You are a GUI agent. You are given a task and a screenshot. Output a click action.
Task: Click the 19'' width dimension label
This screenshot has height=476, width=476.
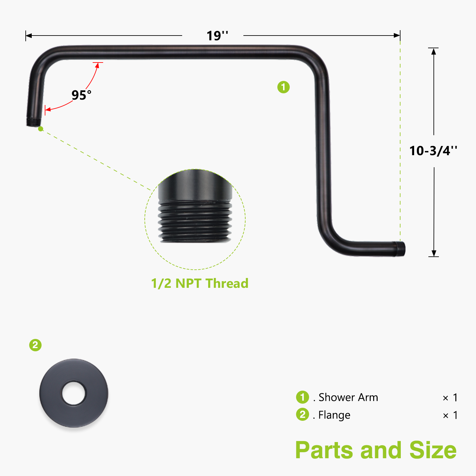pyautogui.click(x=217, y=36)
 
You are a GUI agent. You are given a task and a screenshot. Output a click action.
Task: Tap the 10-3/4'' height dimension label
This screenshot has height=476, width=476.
pyautogui.click(x=433, y=151)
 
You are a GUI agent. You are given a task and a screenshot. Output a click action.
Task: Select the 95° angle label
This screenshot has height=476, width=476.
pyautogui.click(x=81, y=95)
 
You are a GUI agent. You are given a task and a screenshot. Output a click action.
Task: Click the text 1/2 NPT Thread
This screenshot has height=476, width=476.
pyautogui.click(x=200, y=283)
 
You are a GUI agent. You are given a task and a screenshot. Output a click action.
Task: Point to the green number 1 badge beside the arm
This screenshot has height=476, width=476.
pyautogui.click(x=283, y=87)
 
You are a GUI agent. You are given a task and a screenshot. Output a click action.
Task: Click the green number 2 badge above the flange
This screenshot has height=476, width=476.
pyautogui.click(x=35, y=345)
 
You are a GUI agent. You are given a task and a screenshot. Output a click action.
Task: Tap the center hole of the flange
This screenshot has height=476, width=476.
pyautogui.click(x=74, y=393)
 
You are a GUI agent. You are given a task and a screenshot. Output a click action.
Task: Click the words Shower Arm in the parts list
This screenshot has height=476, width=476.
pyautogui.click(x=348, y=397)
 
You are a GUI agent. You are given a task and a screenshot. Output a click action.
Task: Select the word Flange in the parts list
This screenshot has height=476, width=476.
pyautogui.click(x=334, y=415)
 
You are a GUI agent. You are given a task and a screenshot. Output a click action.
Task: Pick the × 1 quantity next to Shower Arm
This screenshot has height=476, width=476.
pyautogui.click(x=450, y=398)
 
